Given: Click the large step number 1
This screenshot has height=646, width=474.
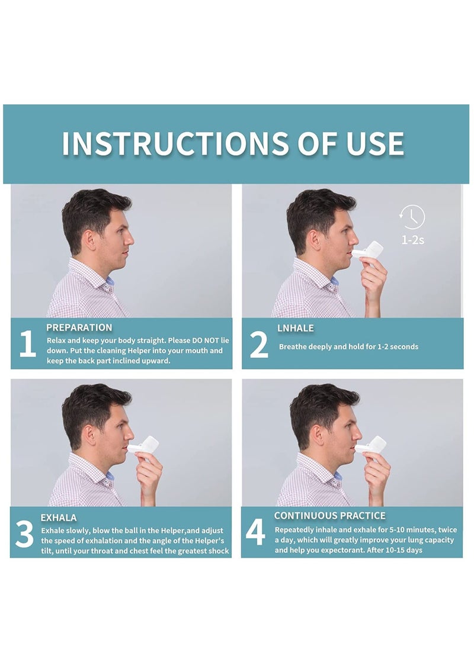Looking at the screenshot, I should [x=27, y=345].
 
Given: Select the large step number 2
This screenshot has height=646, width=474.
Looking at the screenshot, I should [x=258, y=345].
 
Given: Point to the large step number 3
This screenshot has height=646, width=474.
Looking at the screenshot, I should [x=24, y=535].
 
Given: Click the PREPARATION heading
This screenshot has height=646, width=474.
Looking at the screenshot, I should [x=79, y=327].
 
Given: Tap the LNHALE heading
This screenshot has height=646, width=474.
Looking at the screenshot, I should [x=296, y=327].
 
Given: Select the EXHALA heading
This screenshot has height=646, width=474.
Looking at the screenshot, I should [x=59, y=518].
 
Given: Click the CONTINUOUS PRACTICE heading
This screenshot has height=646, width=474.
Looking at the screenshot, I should [x=329, y=516].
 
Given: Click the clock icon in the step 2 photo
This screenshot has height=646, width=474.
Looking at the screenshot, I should [x=412, y=217].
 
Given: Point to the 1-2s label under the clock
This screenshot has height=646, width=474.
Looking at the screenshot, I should [x=412, y=240].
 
